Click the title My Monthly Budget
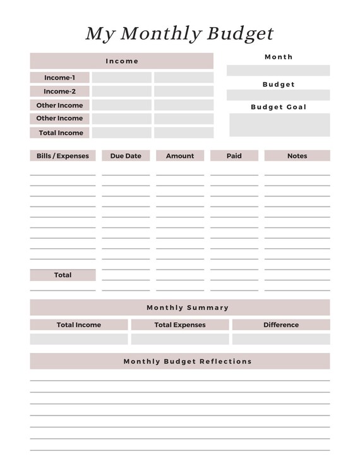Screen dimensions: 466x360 pos(179,33)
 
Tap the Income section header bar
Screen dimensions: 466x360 pos(122,61)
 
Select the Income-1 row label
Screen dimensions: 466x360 pos(59,78)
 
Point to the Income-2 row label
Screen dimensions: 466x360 pos(59,92)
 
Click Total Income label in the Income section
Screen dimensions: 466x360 pos(61,133)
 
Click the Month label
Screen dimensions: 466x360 pos(279,57)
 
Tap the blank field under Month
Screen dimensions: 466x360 pos(278,70)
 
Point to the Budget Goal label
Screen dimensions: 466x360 pos(279,107)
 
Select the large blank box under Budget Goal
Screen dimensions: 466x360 pos(279,125)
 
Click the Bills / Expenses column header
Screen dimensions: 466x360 pos(63,156)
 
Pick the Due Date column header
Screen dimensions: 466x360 pos(126,156)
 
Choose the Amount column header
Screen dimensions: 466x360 pos(180,156)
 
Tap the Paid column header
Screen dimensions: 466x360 pos(234,156)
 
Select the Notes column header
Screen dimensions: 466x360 pos(297,156)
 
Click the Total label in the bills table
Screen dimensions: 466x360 pos(63,275)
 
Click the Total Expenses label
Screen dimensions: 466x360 pos(180,325)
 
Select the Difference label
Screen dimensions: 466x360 pos(281,325)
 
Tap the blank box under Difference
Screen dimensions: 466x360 pos(281,339)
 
